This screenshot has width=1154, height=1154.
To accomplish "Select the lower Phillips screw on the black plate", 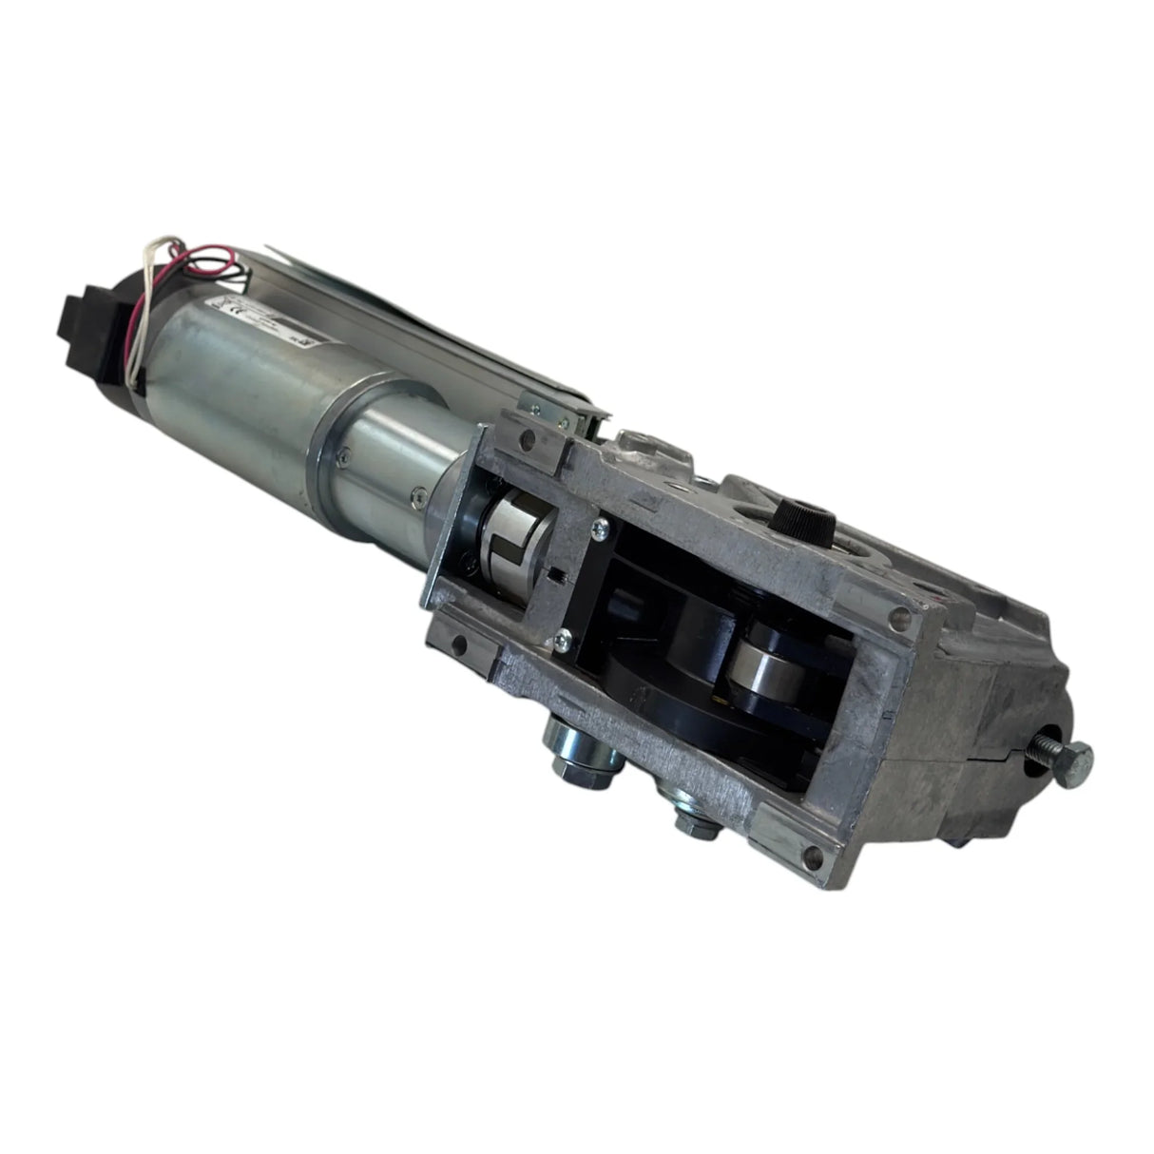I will point(565,642).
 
